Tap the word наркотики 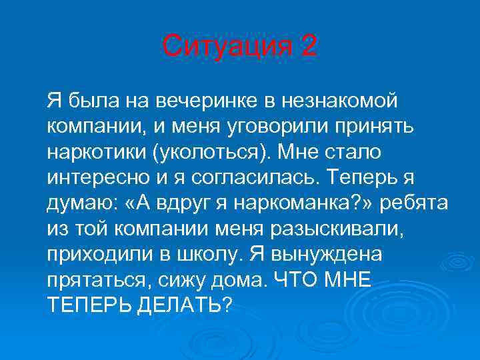coord(95,151)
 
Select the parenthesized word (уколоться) coord(211,151)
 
